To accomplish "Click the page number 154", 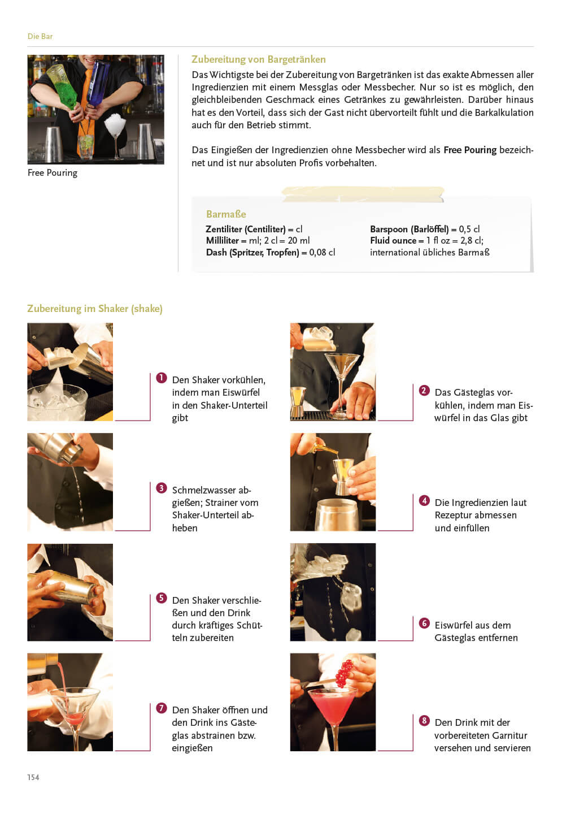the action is click(x=33, y=777).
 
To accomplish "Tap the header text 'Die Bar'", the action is click(x=40, y=36).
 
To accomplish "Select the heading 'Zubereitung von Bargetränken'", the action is click(x=259, y=59).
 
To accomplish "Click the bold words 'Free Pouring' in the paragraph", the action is click(x=470, y=150).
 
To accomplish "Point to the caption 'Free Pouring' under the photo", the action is click(x=53, y=172).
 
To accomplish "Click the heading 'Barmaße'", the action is click(x=226, y=214).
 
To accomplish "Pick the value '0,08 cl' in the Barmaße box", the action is click(x=322, y=252).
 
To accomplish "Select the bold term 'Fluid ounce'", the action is click(x=393, y=241).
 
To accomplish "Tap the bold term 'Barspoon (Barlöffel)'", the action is click(x=409, y=230).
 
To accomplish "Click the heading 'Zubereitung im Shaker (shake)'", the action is click(x=95, y=309).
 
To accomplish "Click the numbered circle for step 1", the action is click(x=161, y=378).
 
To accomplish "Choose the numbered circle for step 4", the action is click(x=424, y=500).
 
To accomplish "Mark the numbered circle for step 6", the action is click(x=424, y=623).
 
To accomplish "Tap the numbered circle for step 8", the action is click(x=424, y=720).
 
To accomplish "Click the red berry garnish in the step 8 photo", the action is click(x=344, y=674).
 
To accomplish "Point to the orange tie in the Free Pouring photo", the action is click(x=86, y=105).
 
